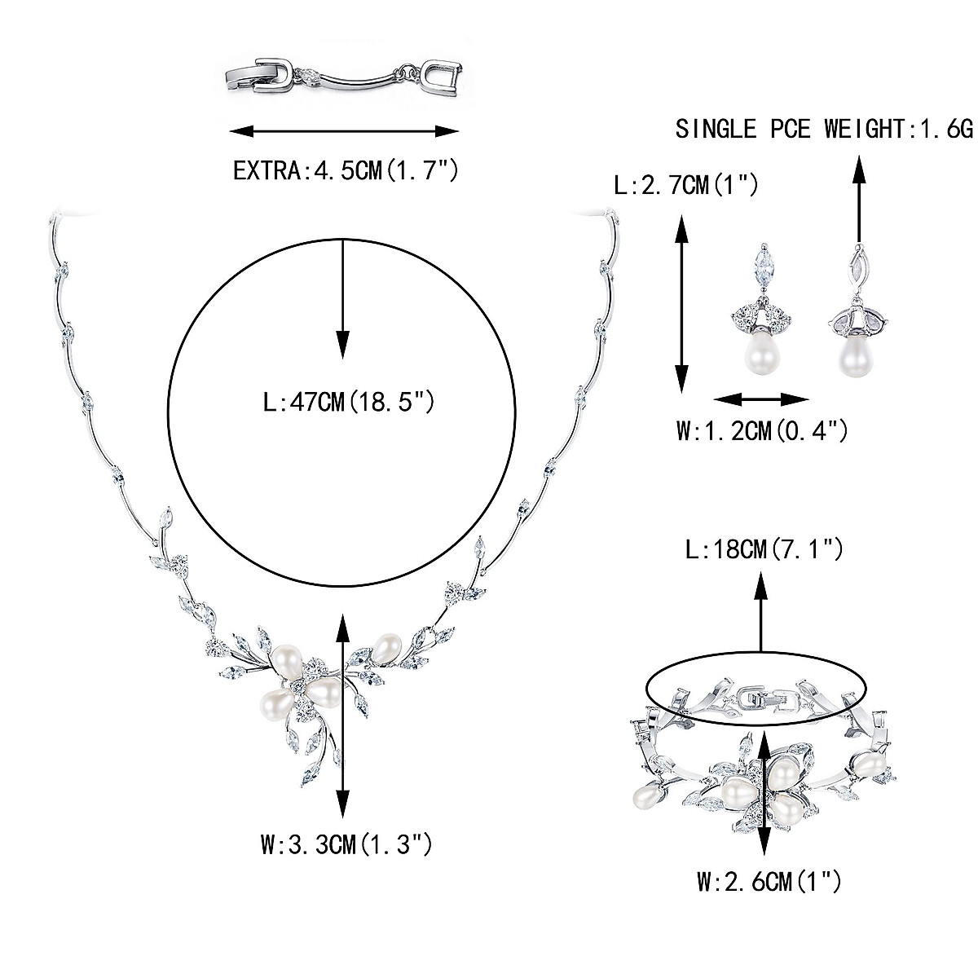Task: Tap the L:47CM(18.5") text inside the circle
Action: [343, 402]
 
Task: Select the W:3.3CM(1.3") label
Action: [346, 844]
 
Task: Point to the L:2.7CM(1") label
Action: [686, 186]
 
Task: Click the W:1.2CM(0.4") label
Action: [762, 430]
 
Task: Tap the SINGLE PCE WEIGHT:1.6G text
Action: [824, 129]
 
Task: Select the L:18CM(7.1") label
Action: [764, 551]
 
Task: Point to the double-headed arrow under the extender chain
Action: [343, 131]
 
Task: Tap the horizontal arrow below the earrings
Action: [761, 399]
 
